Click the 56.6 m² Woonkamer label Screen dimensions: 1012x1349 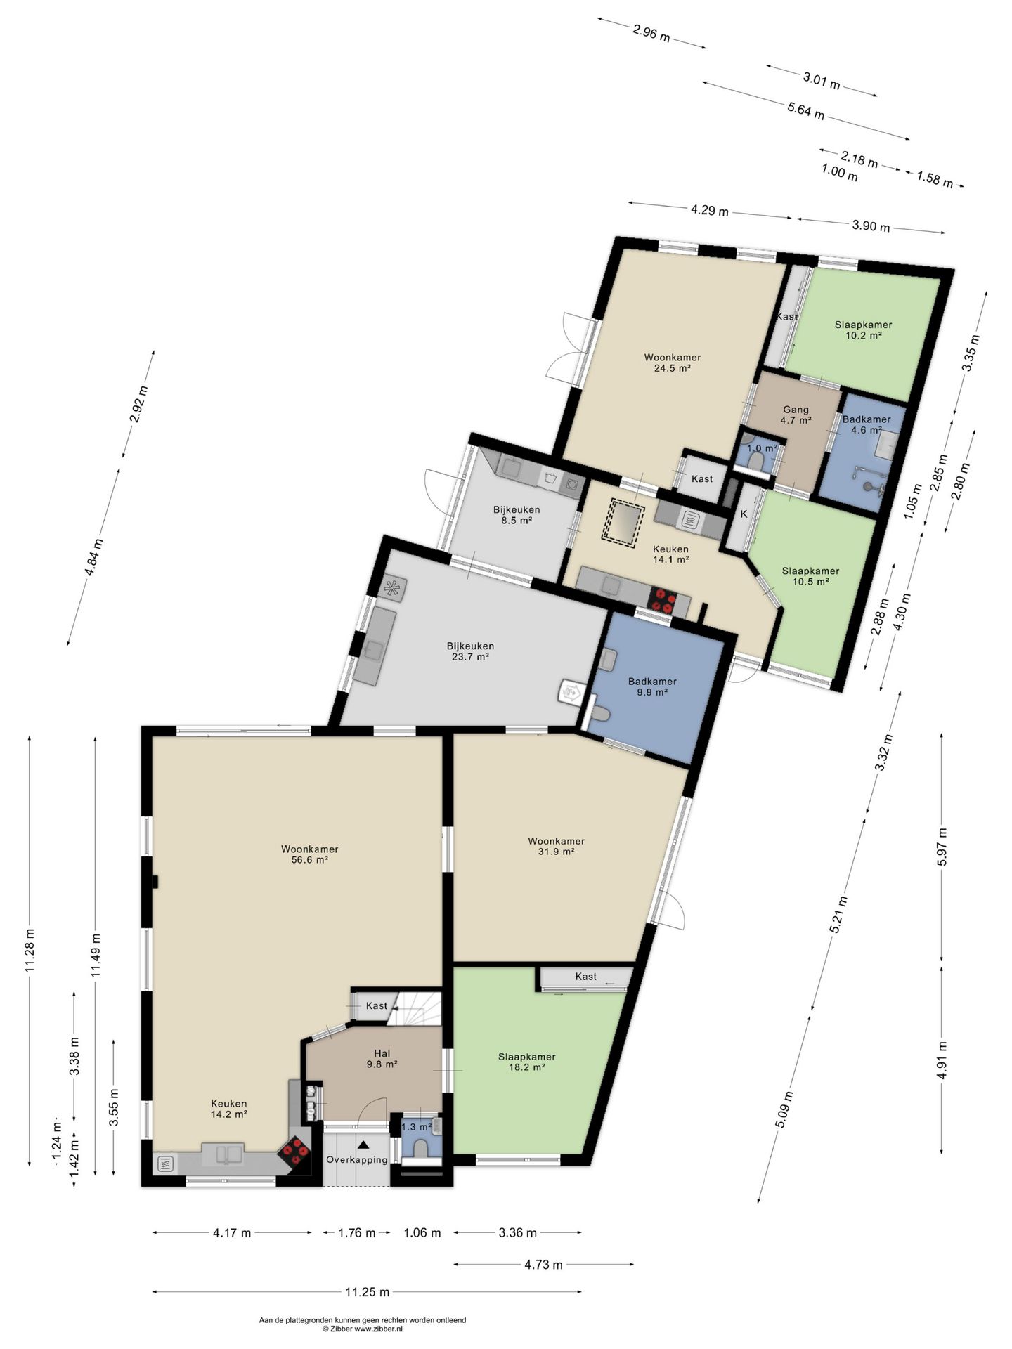coord(310,854)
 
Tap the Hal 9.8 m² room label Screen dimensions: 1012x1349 coord(382,1058)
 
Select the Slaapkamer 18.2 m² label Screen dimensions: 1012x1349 coord(526,1062)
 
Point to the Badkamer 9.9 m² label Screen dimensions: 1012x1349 coord(652,686)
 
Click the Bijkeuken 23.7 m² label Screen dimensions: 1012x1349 coord(470,651)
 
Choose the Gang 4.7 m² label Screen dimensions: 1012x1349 coord(796,415)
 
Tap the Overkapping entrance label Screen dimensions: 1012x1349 coord(356,1159)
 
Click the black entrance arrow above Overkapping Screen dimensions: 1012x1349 coord(363,1145)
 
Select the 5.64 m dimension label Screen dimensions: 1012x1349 coord(805,110)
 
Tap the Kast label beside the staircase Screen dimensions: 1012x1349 coord(377,1005)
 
